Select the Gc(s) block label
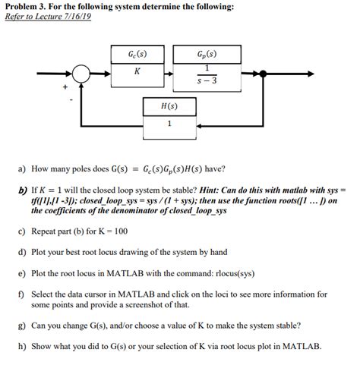[137, 54]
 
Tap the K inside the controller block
[137, 71]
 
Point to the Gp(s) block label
[207, 54]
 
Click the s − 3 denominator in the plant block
[207, 80]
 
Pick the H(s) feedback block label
[169, 106]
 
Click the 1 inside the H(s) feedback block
[169, 124]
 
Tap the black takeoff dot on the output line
[264, 74]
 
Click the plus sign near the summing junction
[65, 87]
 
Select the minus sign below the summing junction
[71, 100]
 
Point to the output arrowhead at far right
[311, 74]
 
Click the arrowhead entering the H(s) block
[200, 126]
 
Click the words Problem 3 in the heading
[26, 7]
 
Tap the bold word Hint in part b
[209, 190]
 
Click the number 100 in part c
[121, 231]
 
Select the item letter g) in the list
[22, 326]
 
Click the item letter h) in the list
[22, 346]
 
